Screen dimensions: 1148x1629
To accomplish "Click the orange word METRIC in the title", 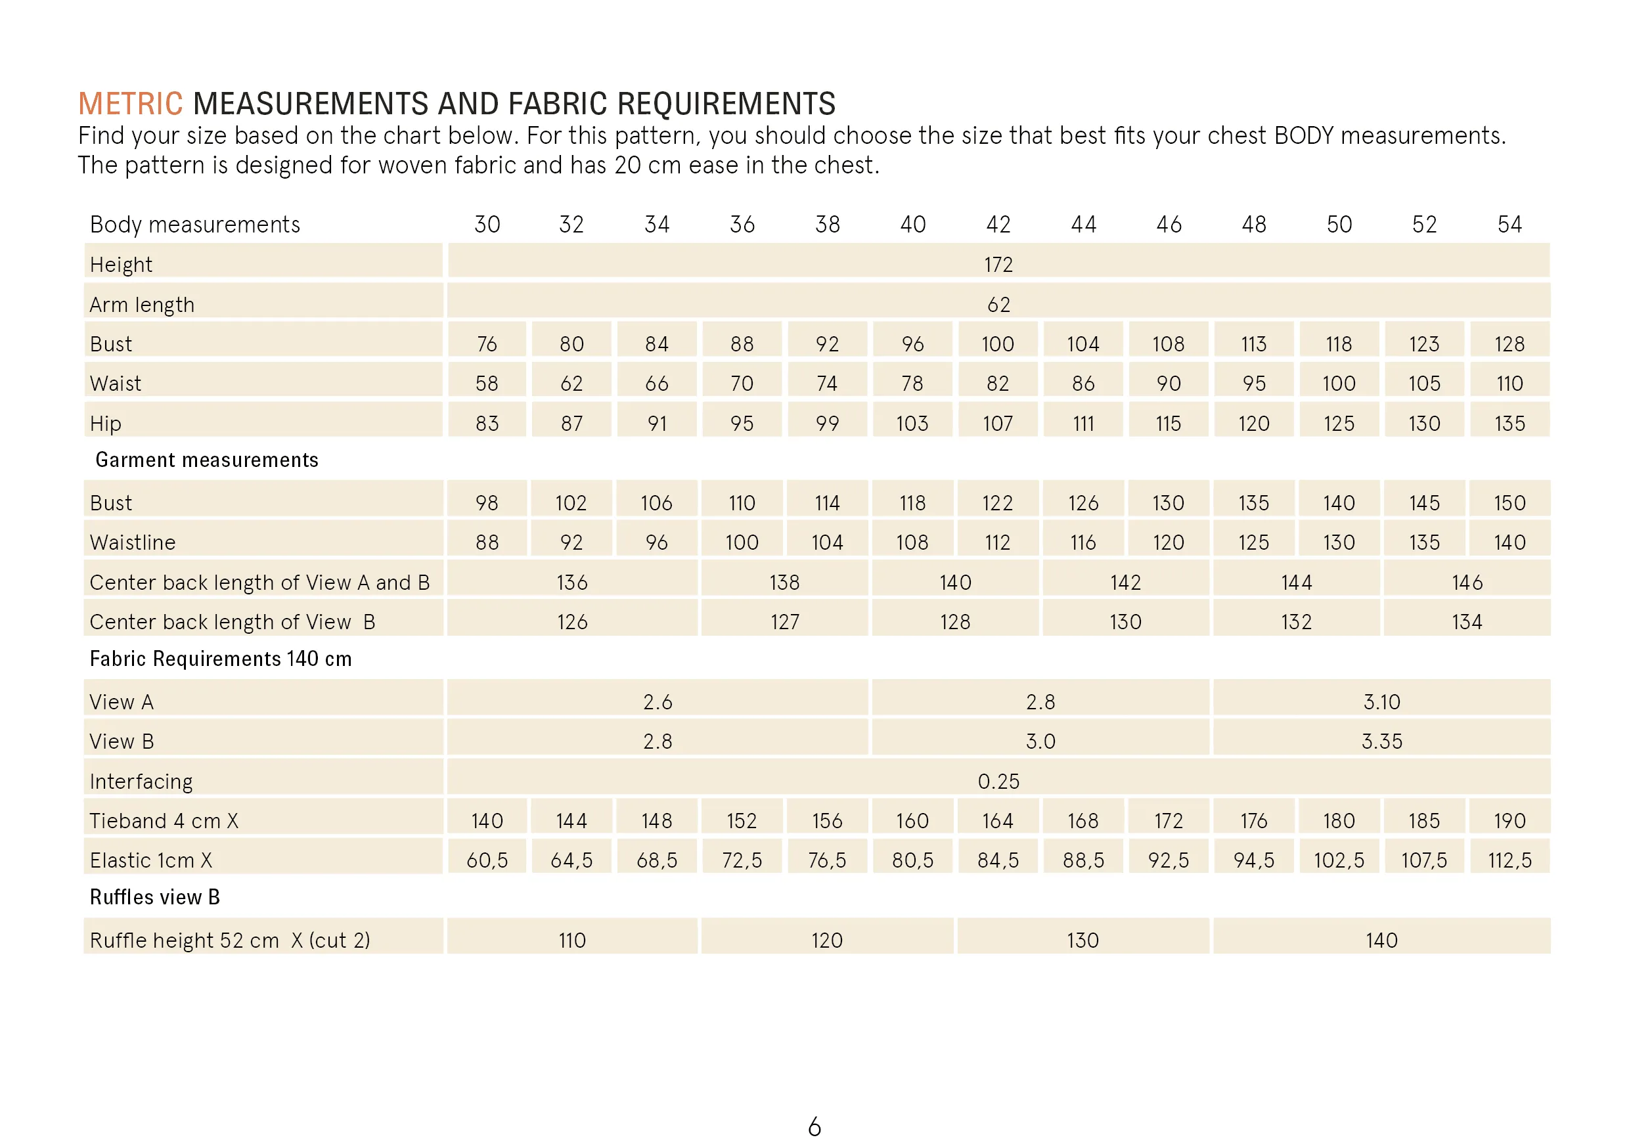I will pos(131,104).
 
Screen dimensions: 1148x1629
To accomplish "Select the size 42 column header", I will pos(998,225).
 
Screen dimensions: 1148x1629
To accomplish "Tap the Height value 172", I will pos(998,265).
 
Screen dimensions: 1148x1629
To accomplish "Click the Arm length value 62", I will pos(998,304).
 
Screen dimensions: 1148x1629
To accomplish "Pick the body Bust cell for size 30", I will pos(487,344).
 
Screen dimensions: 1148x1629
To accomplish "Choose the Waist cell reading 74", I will pos(827,384).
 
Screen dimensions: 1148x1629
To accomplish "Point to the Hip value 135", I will pos(1509,424).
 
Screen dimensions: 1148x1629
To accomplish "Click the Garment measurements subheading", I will pos(206,460).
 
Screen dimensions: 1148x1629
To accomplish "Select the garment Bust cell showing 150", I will pos(1509,503).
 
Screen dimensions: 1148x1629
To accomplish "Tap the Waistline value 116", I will pos(1082,542).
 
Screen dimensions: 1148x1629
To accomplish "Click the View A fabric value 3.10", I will pos(1381,701).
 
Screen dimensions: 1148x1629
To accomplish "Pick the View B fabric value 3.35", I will pos(1381,741).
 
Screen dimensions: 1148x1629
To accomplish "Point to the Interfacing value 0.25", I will pos(998,781).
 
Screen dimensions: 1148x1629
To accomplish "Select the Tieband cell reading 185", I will pos(1424,821).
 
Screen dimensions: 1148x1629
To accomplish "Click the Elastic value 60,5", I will pos(487,860).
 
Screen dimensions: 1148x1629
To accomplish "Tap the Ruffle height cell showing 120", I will pos(827,940).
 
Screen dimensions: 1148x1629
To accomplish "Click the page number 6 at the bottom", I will pos(814,1127).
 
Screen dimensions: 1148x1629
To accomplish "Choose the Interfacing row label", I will pos(141,781).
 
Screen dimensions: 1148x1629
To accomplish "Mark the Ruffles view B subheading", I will pos(154,897).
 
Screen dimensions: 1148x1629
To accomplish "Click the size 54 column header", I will pos(1509,225).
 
